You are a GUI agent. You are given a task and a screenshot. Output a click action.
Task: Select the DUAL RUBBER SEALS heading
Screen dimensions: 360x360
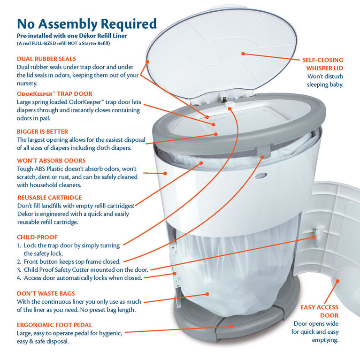click(x=46, y=59)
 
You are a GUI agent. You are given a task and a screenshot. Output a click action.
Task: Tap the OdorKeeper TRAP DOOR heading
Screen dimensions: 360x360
click(x=54, y=94)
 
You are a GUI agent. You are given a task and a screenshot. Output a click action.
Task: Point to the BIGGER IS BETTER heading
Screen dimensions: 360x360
click(x=42, y=131)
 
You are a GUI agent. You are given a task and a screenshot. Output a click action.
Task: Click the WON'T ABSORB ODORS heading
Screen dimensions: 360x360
click(x=51, y=161)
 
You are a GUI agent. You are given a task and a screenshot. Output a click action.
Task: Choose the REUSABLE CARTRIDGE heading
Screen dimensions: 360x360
click(x=50, y=198)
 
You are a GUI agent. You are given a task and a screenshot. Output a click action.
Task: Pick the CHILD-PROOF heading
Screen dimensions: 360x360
click(x=37, y=237)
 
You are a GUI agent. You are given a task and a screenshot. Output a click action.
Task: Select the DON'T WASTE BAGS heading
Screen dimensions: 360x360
click(x=46, y=293)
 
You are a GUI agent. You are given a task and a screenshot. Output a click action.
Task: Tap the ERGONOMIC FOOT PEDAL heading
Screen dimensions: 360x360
click(x=54, y=325)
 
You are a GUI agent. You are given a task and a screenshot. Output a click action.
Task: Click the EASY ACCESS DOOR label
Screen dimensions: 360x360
click(x=319, y=311)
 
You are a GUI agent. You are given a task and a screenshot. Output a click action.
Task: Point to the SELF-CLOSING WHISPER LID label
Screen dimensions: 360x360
click(x=322, y=64)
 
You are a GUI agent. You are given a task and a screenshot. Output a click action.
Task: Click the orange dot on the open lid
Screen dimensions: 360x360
click(x=243, y=54)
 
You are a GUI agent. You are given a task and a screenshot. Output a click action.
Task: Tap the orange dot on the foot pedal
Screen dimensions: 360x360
click(x=232, y=326)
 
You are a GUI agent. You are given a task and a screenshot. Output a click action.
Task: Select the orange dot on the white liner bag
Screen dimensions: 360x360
click(x=207, y=294)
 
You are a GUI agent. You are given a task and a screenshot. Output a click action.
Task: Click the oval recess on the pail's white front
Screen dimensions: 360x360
click(x=261, y=176)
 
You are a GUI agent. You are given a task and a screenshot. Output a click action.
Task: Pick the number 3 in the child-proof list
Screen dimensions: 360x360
click(x=19, y=270)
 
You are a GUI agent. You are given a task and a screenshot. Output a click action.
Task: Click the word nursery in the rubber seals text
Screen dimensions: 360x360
click(x=27, y=84)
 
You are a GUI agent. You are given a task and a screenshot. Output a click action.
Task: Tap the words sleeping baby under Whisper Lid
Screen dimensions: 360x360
click(x=325, y=84)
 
